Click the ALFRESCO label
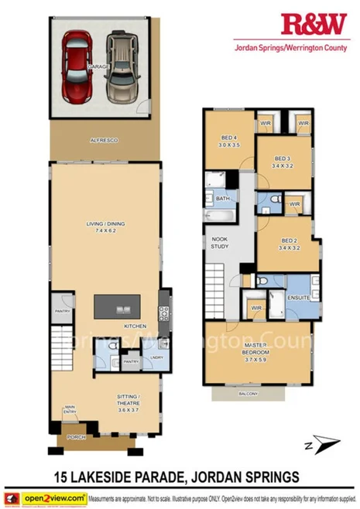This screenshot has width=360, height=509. [104, 139]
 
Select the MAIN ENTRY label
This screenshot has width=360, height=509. [70, 411]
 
